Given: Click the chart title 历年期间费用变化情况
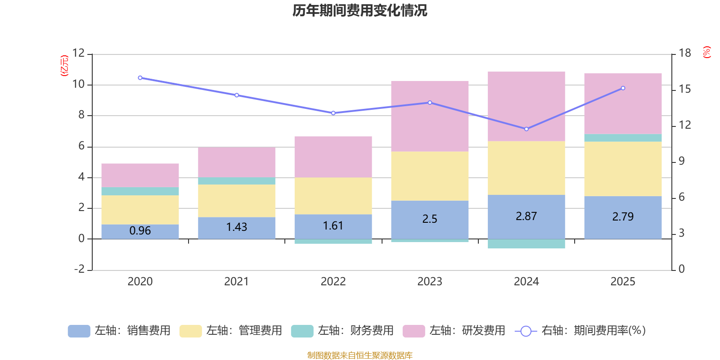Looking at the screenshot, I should point(360,10).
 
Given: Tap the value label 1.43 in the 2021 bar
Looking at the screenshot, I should point(237,227).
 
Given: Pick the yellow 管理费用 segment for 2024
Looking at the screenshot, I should point(526,168).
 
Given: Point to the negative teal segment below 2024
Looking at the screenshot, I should point(526,244).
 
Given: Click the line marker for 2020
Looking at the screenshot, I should point(140,78).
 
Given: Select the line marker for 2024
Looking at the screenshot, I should point(526,129).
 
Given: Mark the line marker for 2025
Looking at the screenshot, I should point(623,88).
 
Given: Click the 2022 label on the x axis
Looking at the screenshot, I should point(333,282).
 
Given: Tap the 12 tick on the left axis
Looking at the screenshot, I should point(79,53).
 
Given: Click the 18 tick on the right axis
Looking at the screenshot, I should point(684,53).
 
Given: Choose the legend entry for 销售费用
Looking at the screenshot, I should point(120,331).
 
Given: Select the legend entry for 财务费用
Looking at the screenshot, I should point(343,331).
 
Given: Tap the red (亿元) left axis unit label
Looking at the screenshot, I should point(64,66).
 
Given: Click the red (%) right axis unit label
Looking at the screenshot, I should point(707,52).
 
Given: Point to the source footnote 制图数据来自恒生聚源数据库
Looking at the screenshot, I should point(360,355).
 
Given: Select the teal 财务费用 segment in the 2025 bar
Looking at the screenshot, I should point(623,138).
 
